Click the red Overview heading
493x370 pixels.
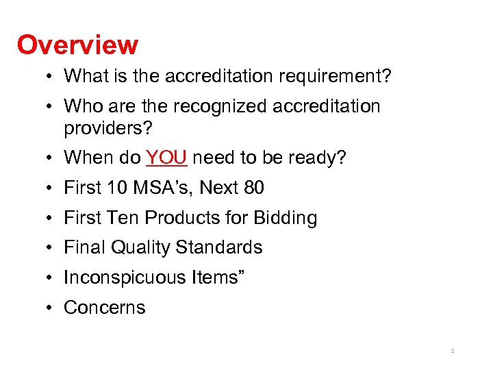[77, 45]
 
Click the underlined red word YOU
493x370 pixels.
[166, 158]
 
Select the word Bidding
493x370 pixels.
[285, 218]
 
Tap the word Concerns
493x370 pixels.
[104, 308]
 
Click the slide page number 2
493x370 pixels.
[453, 351]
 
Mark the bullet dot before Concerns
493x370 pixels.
[52, 308]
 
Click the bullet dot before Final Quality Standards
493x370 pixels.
[52, 247]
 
